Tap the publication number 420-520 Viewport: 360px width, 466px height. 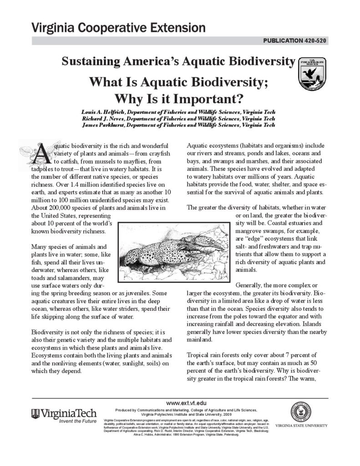click(x=295, y=41)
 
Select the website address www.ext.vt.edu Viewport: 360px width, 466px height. click(x=186, y=403)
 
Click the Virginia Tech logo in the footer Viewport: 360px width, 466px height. click(x=64, y=414)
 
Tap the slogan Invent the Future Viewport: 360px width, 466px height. click(x=78, y=421)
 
